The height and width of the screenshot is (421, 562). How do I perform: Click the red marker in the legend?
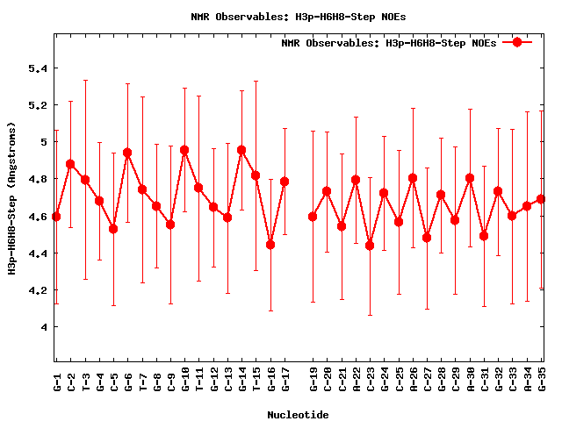pos(517,42)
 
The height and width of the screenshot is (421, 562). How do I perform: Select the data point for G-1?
pos(56,216)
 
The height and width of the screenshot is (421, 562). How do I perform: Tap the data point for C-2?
pos(70,164)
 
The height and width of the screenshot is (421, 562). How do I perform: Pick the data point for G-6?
pos(127,153)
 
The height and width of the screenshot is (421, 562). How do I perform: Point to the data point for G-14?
pos(241,150)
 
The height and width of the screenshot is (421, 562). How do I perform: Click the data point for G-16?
pos(270,245)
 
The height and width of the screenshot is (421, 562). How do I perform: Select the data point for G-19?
pos(313,216)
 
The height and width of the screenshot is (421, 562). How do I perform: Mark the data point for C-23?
pos(370,245)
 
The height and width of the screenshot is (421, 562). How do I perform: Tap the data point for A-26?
pos(413,178)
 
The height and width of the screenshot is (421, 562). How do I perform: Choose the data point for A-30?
pos(470,178)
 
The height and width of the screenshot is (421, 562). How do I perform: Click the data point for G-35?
pos(541,199)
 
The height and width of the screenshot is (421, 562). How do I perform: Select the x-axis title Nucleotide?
pos(299,415)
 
